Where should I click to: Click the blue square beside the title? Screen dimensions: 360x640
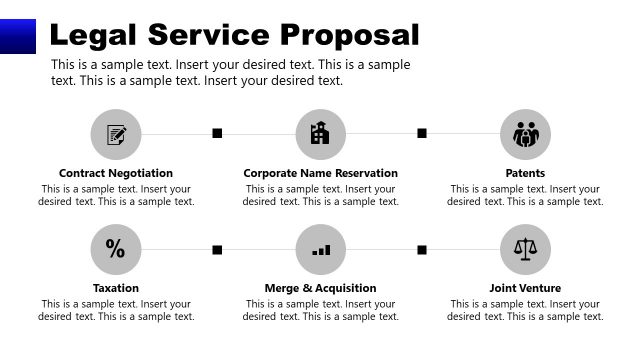(x=17, y=36)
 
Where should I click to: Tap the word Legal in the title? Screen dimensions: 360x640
(x=92, y=35)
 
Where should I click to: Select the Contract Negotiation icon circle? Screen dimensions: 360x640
(x=116, y=134)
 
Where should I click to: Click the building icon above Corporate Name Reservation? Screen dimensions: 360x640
(x=320, y=134)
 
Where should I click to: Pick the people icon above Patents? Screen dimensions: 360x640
(x=525, y=134)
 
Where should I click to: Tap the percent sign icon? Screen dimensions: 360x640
(x=116, y=249)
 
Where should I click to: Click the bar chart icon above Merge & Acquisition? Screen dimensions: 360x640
(x=320, y=249)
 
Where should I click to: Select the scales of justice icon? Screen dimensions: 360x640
(x=525, y=249)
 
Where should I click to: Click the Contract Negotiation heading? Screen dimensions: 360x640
(x=116, y=173)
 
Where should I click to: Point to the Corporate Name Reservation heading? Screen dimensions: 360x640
(x=320, y=173)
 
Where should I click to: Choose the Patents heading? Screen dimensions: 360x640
(x=525, y=173)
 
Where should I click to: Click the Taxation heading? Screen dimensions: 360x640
(x=116, y=288)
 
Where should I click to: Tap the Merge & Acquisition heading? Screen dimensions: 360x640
(x=320, y=288)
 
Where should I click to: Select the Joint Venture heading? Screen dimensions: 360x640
(x=525, y=288)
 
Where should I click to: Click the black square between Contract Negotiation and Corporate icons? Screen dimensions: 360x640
(x=217, y=133)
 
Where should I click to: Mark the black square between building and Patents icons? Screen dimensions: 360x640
(x=422, y=133)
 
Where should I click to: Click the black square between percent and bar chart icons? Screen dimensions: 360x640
(x=217, y=249)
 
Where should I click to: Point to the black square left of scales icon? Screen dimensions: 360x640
(x=422, y=249)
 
